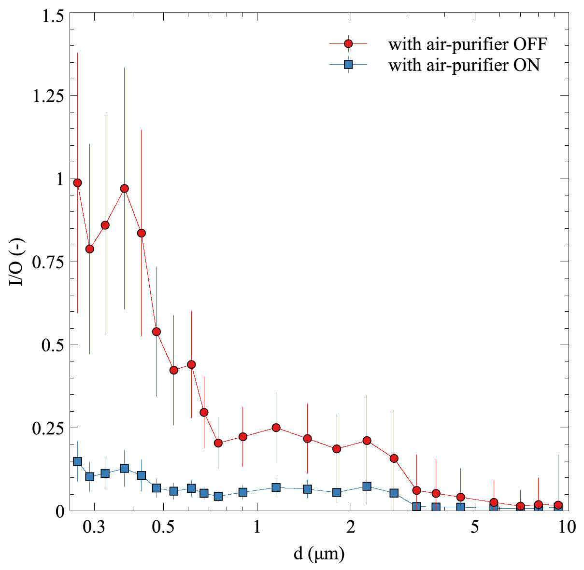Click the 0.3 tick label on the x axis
coord(94,528)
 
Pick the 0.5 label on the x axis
coord(163,528)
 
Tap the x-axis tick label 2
coord(351,528)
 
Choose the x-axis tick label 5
coord(474,528)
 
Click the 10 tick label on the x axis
coord(567,528)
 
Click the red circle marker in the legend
coord(348,44)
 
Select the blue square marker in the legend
coord(348,64)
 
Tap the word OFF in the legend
coord(531,44)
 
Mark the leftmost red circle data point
coord(77,183)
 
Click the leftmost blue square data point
coord(77,461)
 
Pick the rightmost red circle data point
coord(558,505)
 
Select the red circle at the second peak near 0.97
coord(125,189)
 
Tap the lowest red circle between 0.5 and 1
coord(218,443)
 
